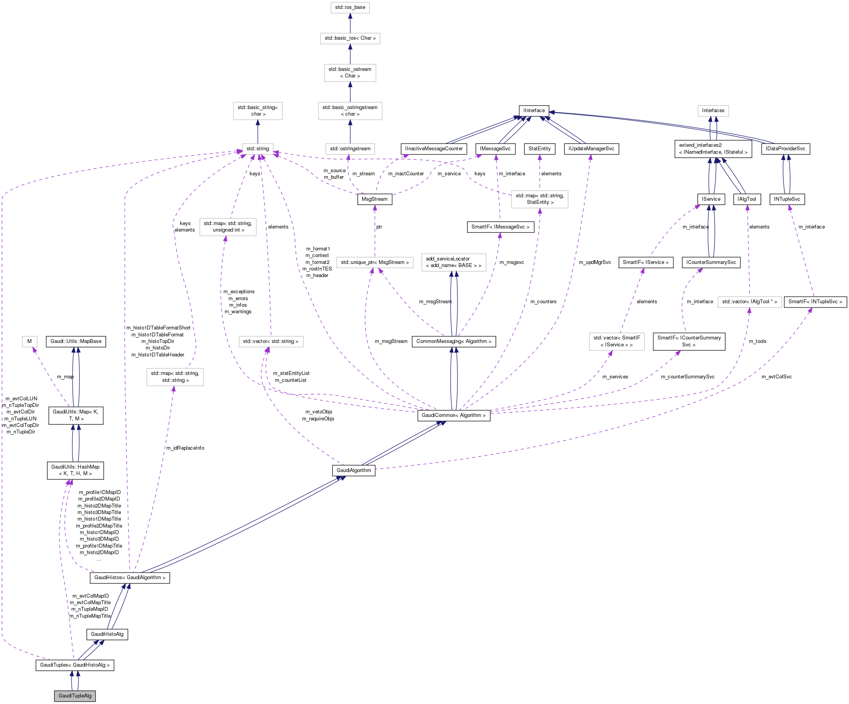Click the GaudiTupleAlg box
pyautogui.click(x=75, y=696)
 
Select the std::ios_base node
pyautogui.click(x=350, y=7)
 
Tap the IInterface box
pyautogui.click(x=534, y=110)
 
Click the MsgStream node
pyautogui.click(x=374, y=199)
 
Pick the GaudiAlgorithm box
pyautogui.click(x=353, y=470)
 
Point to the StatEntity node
pyautogui.click(x=539, y=148)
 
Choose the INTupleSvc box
pyautogui.click(x=787, y=199)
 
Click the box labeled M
pyautogui.click(x=30, y=341)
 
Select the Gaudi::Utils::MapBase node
pyautogui.click(x=76, y=341)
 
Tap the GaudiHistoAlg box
pyautogui.click(x=107, y=634)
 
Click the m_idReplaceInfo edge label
pyautogui.click(x=185, y=448)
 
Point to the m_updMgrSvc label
pyautogui.click(x=595, y=262)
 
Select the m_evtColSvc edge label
pyautogui.click(x=776, y=377)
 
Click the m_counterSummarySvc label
pyautogui.click(x=688, y=377)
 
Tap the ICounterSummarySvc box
pyautogui.click(x=711, y=262)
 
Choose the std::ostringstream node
pyautogui.click(x=350, y=148)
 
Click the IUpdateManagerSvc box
pyautogui.click(x=591, y=148)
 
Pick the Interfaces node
pyautogui.click(x=713, y=110)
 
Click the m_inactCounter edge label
pyautogui.click(x=406, y=174)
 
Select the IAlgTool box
pyautogui.click(x=747, y=199)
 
